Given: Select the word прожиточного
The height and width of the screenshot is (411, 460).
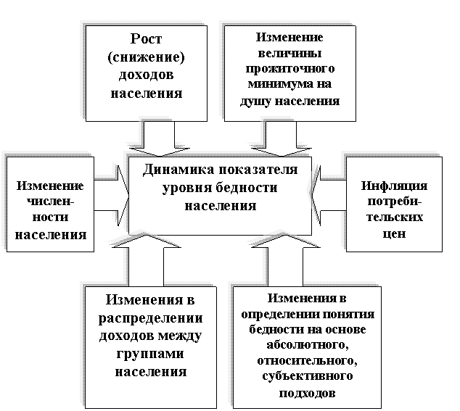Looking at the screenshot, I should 289,70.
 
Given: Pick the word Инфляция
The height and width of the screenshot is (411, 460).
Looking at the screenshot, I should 394,186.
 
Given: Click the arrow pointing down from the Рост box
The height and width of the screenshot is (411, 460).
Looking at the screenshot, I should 158,138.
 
